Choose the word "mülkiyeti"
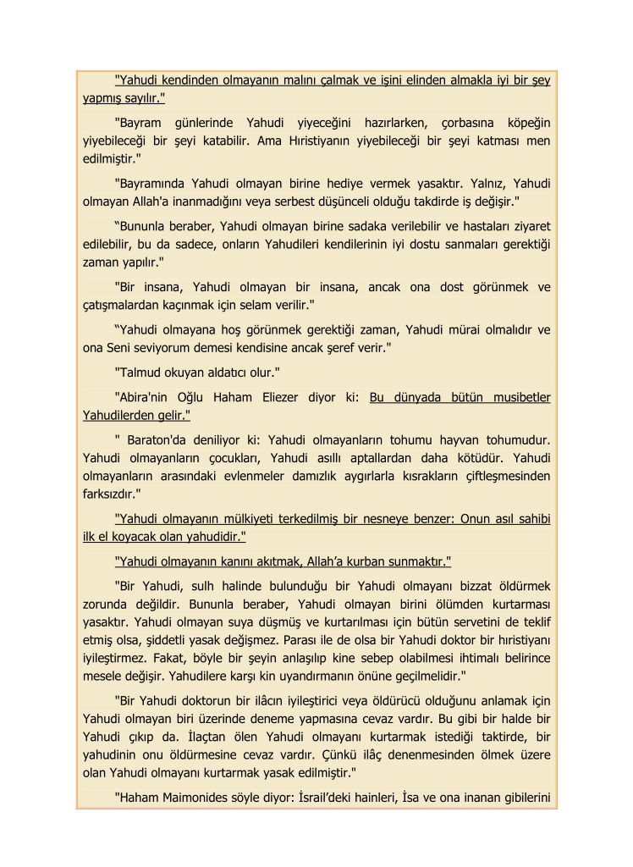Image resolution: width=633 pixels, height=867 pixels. click(256, 519)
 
